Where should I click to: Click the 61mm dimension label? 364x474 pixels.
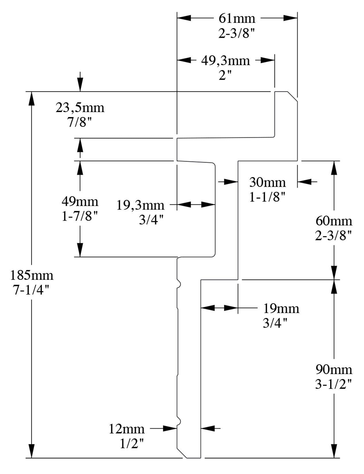click(x=237, y=18)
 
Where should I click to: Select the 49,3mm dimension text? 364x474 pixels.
click(x=225, y=61)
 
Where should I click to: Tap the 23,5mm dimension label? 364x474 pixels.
click(x=80, y=108)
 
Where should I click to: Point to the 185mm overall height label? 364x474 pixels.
click(x=32, y=275)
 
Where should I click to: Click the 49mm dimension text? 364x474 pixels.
click(x=80, y=201)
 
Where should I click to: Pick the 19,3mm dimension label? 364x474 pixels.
click(x=140, y=205)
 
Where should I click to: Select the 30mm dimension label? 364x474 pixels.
click(x=267, y=182)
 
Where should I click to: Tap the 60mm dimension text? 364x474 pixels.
click(x=334, y=221)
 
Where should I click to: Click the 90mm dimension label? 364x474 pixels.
click(x=334, y=369)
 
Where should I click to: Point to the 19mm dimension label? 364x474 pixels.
click(x=281, y=309)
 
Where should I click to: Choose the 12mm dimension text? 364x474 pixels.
click(x=126, y=429)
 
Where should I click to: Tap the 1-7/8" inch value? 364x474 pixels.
click(x=80, y=216)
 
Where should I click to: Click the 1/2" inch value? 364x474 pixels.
click(x=132, y=444)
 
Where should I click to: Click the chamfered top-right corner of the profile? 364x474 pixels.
click(x=292, y=96)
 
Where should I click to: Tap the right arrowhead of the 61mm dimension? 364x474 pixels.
click(x=290, y=18)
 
